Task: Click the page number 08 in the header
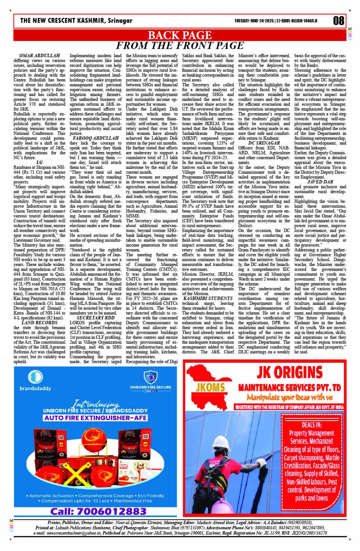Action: click(338, 21)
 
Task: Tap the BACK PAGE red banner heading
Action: click(179, 35)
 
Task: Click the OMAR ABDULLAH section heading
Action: click(37, 56)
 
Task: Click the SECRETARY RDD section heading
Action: click(95, 318)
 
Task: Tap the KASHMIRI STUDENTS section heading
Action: click(208, 298)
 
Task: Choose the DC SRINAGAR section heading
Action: click(264, 143)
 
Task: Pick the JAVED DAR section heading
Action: click(320, 182)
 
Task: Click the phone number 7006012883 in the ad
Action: click(98, 511)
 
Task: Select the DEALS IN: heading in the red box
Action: click(311, 424)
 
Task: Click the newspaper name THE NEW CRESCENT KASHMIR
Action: click(76, 21)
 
